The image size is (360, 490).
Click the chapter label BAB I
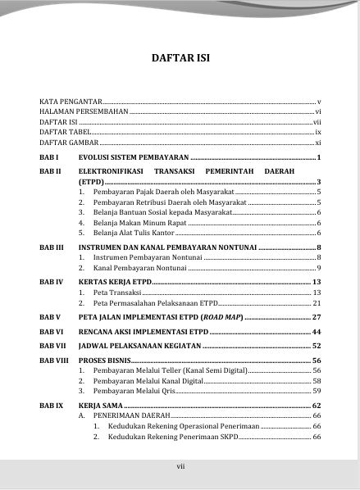click(x=49, y=157)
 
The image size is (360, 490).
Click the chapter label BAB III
click(x=52, y=247)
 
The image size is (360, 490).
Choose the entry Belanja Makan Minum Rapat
click(x=140, y=223)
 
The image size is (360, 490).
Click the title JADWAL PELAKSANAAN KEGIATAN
click(x=139, y=346)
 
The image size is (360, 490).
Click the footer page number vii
click(x=180, y=467)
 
